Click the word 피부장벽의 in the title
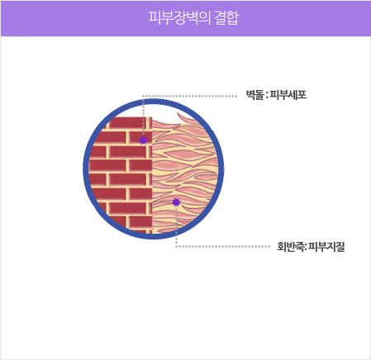click(x=179, y=18)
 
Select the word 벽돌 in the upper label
click(x=255, y=95)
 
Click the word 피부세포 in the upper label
click(x=288, y=95)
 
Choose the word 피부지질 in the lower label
click(x=326, y=247)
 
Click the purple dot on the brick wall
click(x=143, y=140)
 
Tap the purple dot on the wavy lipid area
click(x=176, y=202)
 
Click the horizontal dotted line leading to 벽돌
click(x=190, y=96)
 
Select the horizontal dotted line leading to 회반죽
click(x=223, y=246)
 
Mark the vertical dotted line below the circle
click(x=176, y=240)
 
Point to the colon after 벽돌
click(x=267, y=96)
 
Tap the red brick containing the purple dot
click(x=140, y=137)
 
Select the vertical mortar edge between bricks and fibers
click(x=151, y=175)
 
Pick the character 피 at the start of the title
click(x=155, y=18)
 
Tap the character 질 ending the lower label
click(x=340, y=247)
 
